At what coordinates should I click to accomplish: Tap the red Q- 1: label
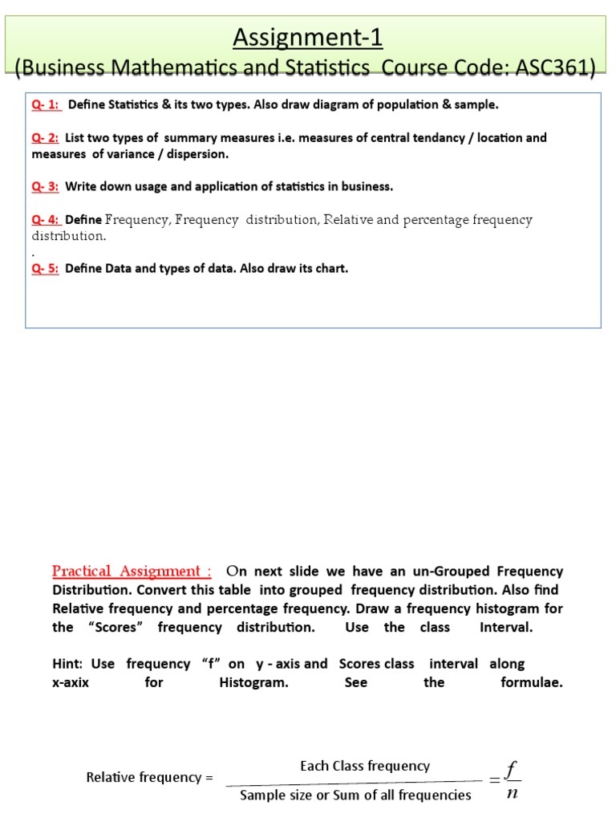[47, 105]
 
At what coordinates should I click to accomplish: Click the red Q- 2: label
[46, 138]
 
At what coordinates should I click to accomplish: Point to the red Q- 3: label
[46, 187]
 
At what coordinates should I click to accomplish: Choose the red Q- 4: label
[46, 220]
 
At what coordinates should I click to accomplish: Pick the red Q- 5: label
[46, 269]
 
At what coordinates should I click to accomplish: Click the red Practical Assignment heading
[132, 572]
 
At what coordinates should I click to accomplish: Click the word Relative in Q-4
[347, 220]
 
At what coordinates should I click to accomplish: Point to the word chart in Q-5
[329, 269]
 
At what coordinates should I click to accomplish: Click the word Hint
[67, 664]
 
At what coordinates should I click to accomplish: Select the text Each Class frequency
[365, 766]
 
